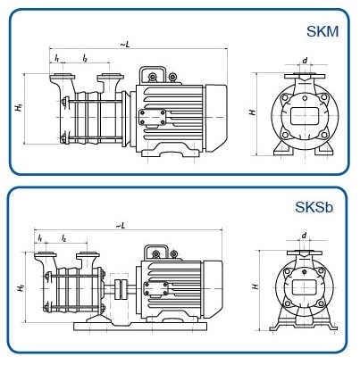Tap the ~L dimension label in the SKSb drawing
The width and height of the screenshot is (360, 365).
(120, 225)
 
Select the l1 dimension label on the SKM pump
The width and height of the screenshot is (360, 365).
(57, 58)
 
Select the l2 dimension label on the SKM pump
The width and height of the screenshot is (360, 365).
(84, 58)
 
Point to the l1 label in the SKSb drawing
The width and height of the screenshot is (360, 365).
(41, 237)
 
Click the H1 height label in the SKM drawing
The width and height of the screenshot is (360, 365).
(19, 108)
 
